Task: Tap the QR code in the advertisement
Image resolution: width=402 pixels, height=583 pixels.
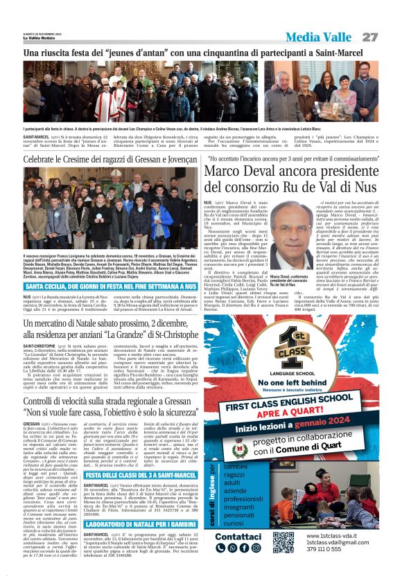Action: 283,541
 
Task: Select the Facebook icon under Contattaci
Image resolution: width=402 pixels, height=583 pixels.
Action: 245,548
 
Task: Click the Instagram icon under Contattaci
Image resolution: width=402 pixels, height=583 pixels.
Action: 255,548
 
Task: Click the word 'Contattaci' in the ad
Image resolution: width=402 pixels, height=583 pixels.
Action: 238,536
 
